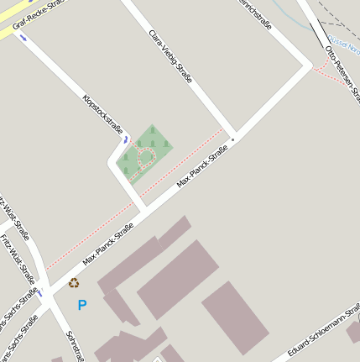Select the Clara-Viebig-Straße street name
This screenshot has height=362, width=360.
pos(170,56)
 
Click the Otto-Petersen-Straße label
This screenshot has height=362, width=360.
pos(342,71)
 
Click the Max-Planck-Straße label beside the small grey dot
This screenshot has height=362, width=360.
pos(202,166)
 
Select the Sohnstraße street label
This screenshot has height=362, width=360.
pos(73,344)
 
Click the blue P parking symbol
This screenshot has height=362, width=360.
pos(81,305)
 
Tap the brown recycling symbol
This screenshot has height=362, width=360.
pos(74,283)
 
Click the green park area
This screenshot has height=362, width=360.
pos(154,139)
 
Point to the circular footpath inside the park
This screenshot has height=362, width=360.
pos(144,155)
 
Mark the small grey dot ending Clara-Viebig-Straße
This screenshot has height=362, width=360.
pos(232,139)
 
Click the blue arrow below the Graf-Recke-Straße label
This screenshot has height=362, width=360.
pos(23,38)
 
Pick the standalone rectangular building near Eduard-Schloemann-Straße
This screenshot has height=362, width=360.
pos(235,317)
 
